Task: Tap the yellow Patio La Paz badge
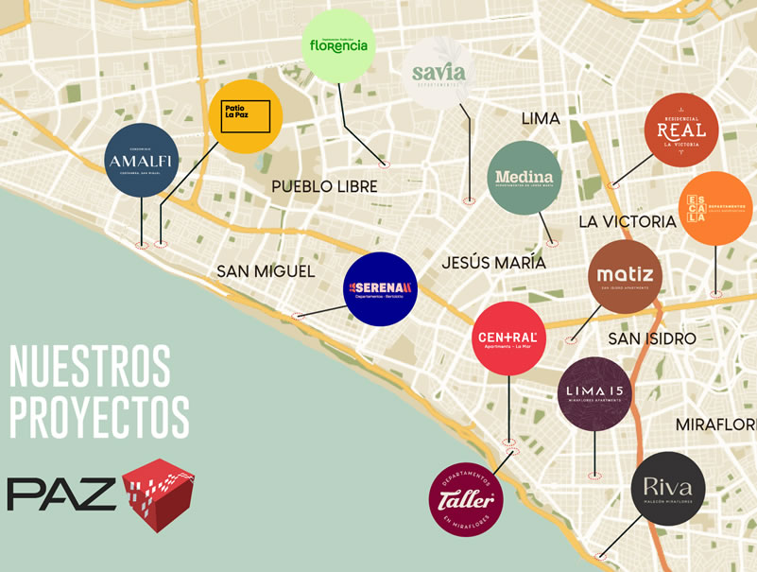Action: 245,116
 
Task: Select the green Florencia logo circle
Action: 338,45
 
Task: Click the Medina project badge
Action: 525,178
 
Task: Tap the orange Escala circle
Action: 715,209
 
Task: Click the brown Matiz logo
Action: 626,277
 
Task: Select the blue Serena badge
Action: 380,288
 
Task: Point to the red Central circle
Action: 508,338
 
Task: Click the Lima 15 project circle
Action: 594,393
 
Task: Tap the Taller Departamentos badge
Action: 466,498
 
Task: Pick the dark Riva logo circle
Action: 668,488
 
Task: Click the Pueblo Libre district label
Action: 324,186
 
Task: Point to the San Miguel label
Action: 266,271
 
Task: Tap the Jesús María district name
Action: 493,263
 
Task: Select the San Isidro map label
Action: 652,338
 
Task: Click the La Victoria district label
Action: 628,221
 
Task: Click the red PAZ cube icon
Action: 159,494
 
